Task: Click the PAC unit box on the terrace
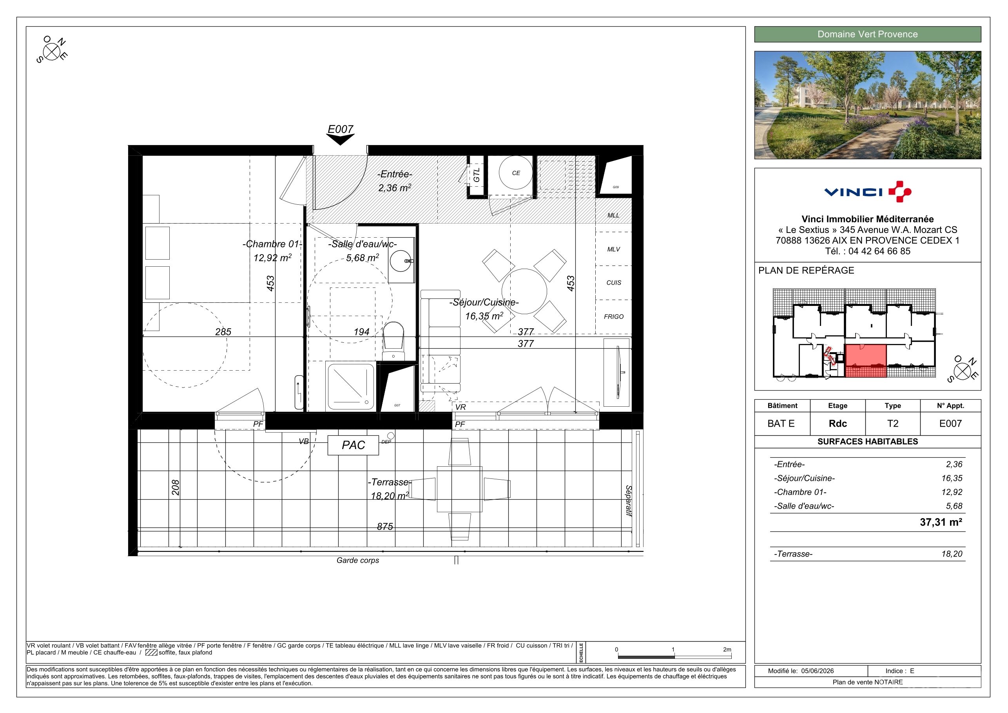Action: [353, 445]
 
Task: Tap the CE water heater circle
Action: [516, 173]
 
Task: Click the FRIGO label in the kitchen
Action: [613, 316]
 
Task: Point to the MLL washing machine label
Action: [613, 215]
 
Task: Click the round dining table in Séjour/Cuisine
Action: [524, 291]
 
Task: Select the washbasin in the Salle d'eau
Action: [401, 261]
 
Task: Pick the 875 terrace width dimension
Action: [385, 526]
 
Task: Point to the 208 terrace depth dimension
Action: [176, 487]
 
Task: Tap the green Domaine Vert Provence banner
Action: [868, 34]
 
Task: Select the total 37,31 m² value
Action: [941, 522]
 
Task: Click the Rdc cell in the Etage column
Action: [838, 424]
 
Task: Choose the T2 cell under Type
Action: [892, 424]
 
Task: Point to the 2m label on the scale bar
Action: [727, 649]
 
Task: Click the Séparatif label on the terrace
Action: [628, 501]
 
